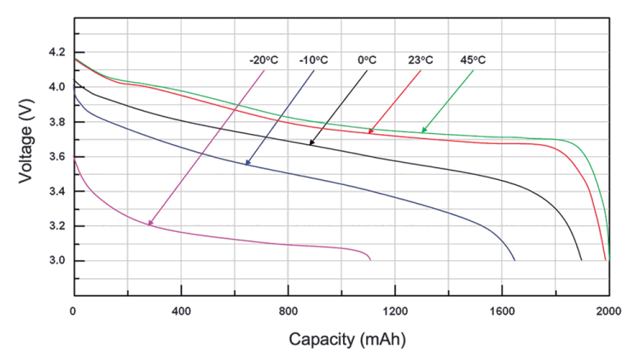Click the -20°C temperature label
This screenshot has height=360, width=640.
pyautogui.click(x=265, y=61)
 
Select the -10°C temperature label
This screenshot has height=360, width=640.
pyautogui.click(x=314, y=61)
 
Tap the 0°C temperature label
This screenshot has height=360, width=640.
pyautogui.click(x=367, y=61)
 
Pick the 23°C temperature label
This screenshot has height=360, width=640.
pyautogui.click(x=419, y=61)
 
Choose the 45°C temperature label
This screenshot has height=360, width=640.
pyautogui.click(x=472, y=61)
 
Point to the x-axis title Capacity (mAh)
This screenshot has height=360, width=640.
pyautogui.click(x=346, y=339)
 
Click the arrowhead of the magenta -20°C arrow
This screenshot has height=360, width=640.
pyautogui.click(x=150, y=224)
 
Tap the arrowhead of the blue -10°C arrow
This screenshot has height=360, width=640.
pyautogui.click(x=247, y=163)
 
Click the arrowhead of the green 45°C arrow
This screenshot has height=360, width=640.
pyautogui.click(x=423, y=131)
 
